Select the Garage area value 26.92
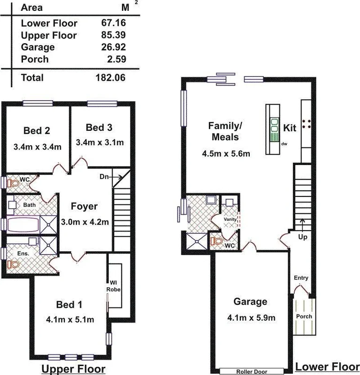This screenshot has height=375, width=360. click(x=114, y=47)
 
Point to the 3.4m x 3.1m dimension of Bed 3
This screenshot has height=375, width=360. click(x=100, y=142)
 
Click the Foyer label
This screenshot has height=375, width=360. click(x=84, y=206)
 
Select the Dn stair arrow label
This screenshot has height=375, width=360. click(x=104, y=177)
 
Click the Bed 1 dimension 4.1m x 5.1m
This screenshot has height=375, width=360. click(x=70, y=320)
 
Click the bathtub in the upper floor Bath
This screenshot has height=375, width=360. click(x=23, y=224)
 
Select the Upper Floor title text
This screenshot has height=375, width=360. click(x=73, y=368)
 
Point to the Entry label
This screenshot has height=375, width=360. click(x=301, y=278)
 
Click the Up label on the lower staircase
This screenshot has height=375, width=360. click(x=303, y=237)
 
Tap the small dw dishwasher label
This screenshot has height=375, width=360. click(x=284, y=144)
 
